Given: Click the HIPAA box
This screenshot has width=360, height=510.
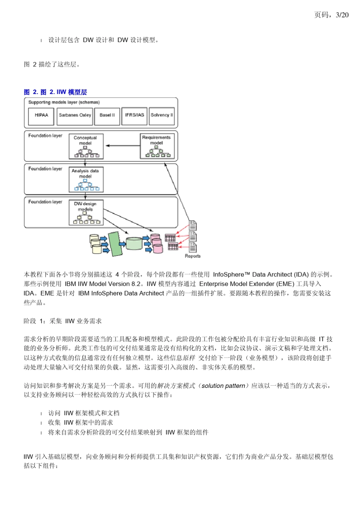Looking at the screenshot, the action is pos(41,116).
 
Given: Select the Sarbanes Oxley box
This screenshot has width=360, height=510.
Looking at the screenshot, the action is pos(75,116).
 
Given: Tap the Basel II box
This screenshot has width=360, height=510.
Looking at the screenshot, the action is pos(107,116).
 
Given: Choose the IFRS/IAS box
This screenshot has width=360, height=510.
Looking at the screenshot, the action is pos(134,116).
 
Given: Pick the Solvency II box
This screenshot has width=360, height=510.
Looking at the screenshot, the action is pos(162,116).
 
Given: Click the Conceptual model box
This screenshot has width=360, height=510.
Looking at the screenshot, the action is pos(86,146).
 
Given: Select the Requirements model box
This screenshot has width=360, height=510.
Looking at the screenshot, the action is pos(156,146).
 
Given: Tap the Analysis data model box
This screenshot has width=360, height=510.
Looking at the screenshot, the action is pos(86,179).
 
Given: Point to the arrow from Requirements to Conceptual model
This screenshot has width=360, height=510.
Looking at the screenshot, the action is pos(123,146).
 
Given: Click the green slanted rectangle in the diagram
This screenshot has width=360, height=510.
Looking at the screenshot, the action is pos(115,244).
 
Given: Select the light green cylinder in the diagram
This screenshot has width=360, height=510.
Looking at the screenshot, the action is pos(134,243).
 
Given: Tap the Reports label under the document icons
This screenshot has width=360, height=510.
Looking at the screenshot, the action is pos(193,256).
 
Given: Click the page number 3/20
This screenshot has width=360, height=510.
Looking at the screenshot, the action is pos(342,15).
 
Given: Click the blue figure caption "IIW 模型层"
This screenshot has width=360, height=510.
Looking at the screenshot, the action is pos(72,92).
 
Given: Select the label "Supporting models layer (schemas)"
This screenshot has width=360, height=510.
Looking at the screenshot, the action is pos(64,102).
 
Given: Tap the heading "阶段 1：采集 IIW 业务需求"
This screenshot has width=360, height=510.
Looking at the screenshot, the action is pos(63,321).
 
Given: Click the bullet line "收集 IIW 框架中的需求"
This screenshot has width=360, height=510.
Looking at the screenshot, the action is pos(80,422).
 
